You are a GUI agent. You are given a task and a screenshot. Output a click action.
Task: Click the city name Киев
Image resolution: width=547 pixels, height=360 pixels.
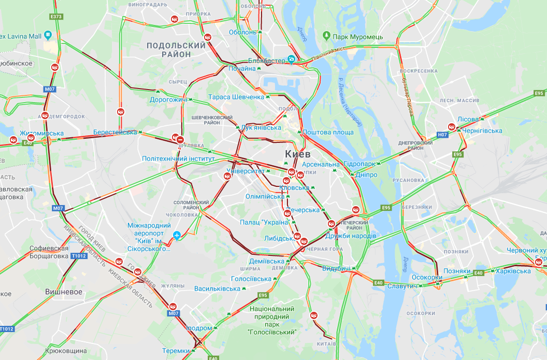click(x=297, y=154)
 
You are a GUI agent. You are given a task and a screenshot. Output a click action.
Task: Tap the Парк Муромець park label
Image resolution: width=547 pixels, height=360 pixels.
click(x=357, y=37)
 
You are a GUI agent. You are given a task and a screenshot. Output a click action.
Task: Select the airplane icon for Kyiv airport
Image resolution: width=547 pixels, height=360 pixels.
click(x=178, y=236)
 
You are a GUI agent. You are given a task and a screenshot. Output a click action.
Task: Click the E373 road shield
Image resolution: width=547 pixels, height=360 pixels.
click(x=56, y=17)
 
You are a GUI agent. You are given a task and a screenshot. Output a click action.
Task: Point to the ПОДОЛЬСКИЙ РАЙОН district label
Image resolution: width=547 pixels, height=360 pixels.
click(x=176, y=50)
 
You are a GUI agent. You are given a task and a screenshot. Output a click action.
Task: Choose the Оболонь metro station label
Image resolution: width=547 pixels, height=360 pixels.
click(x=243, y=32)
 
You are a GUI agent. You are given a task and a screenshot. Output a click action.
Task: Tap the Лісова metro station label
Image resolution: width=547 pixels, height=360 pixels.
click(x=468, y=119)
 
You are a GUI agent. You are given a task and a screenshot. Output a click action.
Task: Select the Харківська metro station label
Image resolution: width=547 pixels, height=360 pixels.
click(x=513, y=271)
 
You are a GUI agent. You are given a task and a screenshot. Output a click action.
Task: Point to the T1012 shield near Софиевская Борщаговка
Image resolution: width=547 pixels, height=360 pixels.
click(x=79, y=256)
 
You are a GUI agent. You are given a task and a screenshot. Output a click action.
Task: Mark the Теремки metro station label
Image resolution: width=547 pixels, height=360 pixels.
click(x=177, y=351)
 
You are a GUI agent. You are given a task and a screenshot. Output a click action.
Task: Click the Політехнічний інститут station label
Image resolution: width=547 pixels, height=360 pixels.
click(x=178, y=159)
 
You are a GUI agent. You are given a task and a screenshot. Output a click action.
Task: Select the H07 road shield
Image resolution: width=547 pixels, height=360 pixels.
click(x=442, y=135)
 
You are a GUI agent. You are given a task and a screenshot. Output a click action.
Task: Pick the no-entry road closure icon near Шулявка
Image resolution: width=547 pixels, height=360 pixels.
click(x=180, y=140)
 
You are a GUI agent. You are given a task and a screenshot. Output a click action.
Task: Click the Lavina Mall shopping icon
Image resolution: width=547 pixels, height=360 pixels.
click(x=48, y=35)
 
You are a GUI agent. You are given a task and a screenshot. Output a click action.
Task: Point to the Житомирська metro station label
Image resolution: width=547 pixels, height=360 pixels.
click(x=41, y=133)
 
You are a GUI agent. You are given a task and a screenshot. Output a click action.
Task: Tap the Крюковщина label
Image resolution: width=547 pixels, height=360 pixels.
click(x=66, y=351)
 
